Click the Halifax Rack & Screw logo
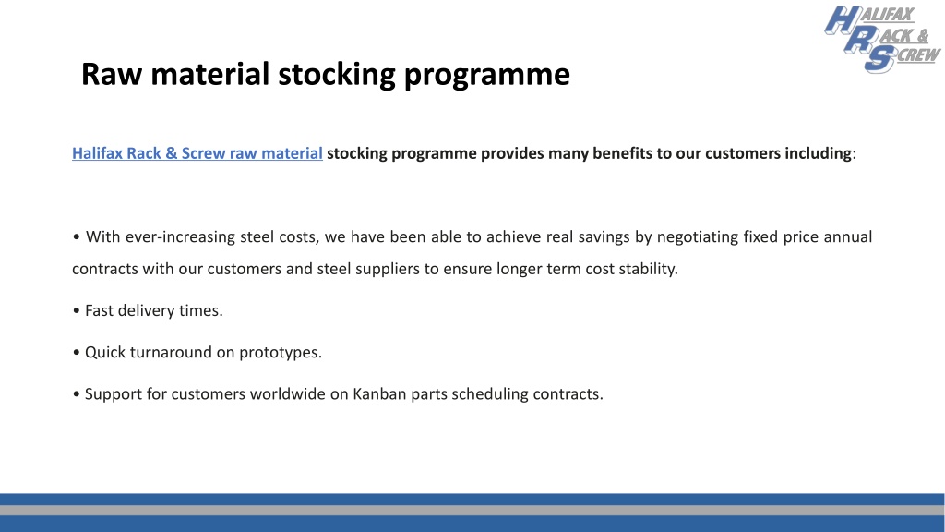coord(880,39)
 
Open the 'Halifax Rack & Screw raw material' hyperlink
coord(197,153)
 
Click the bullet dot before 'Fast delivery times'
coord(76,311)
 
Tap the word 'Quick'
coord(106,352)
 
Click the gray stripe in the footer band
coord(472,510)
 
